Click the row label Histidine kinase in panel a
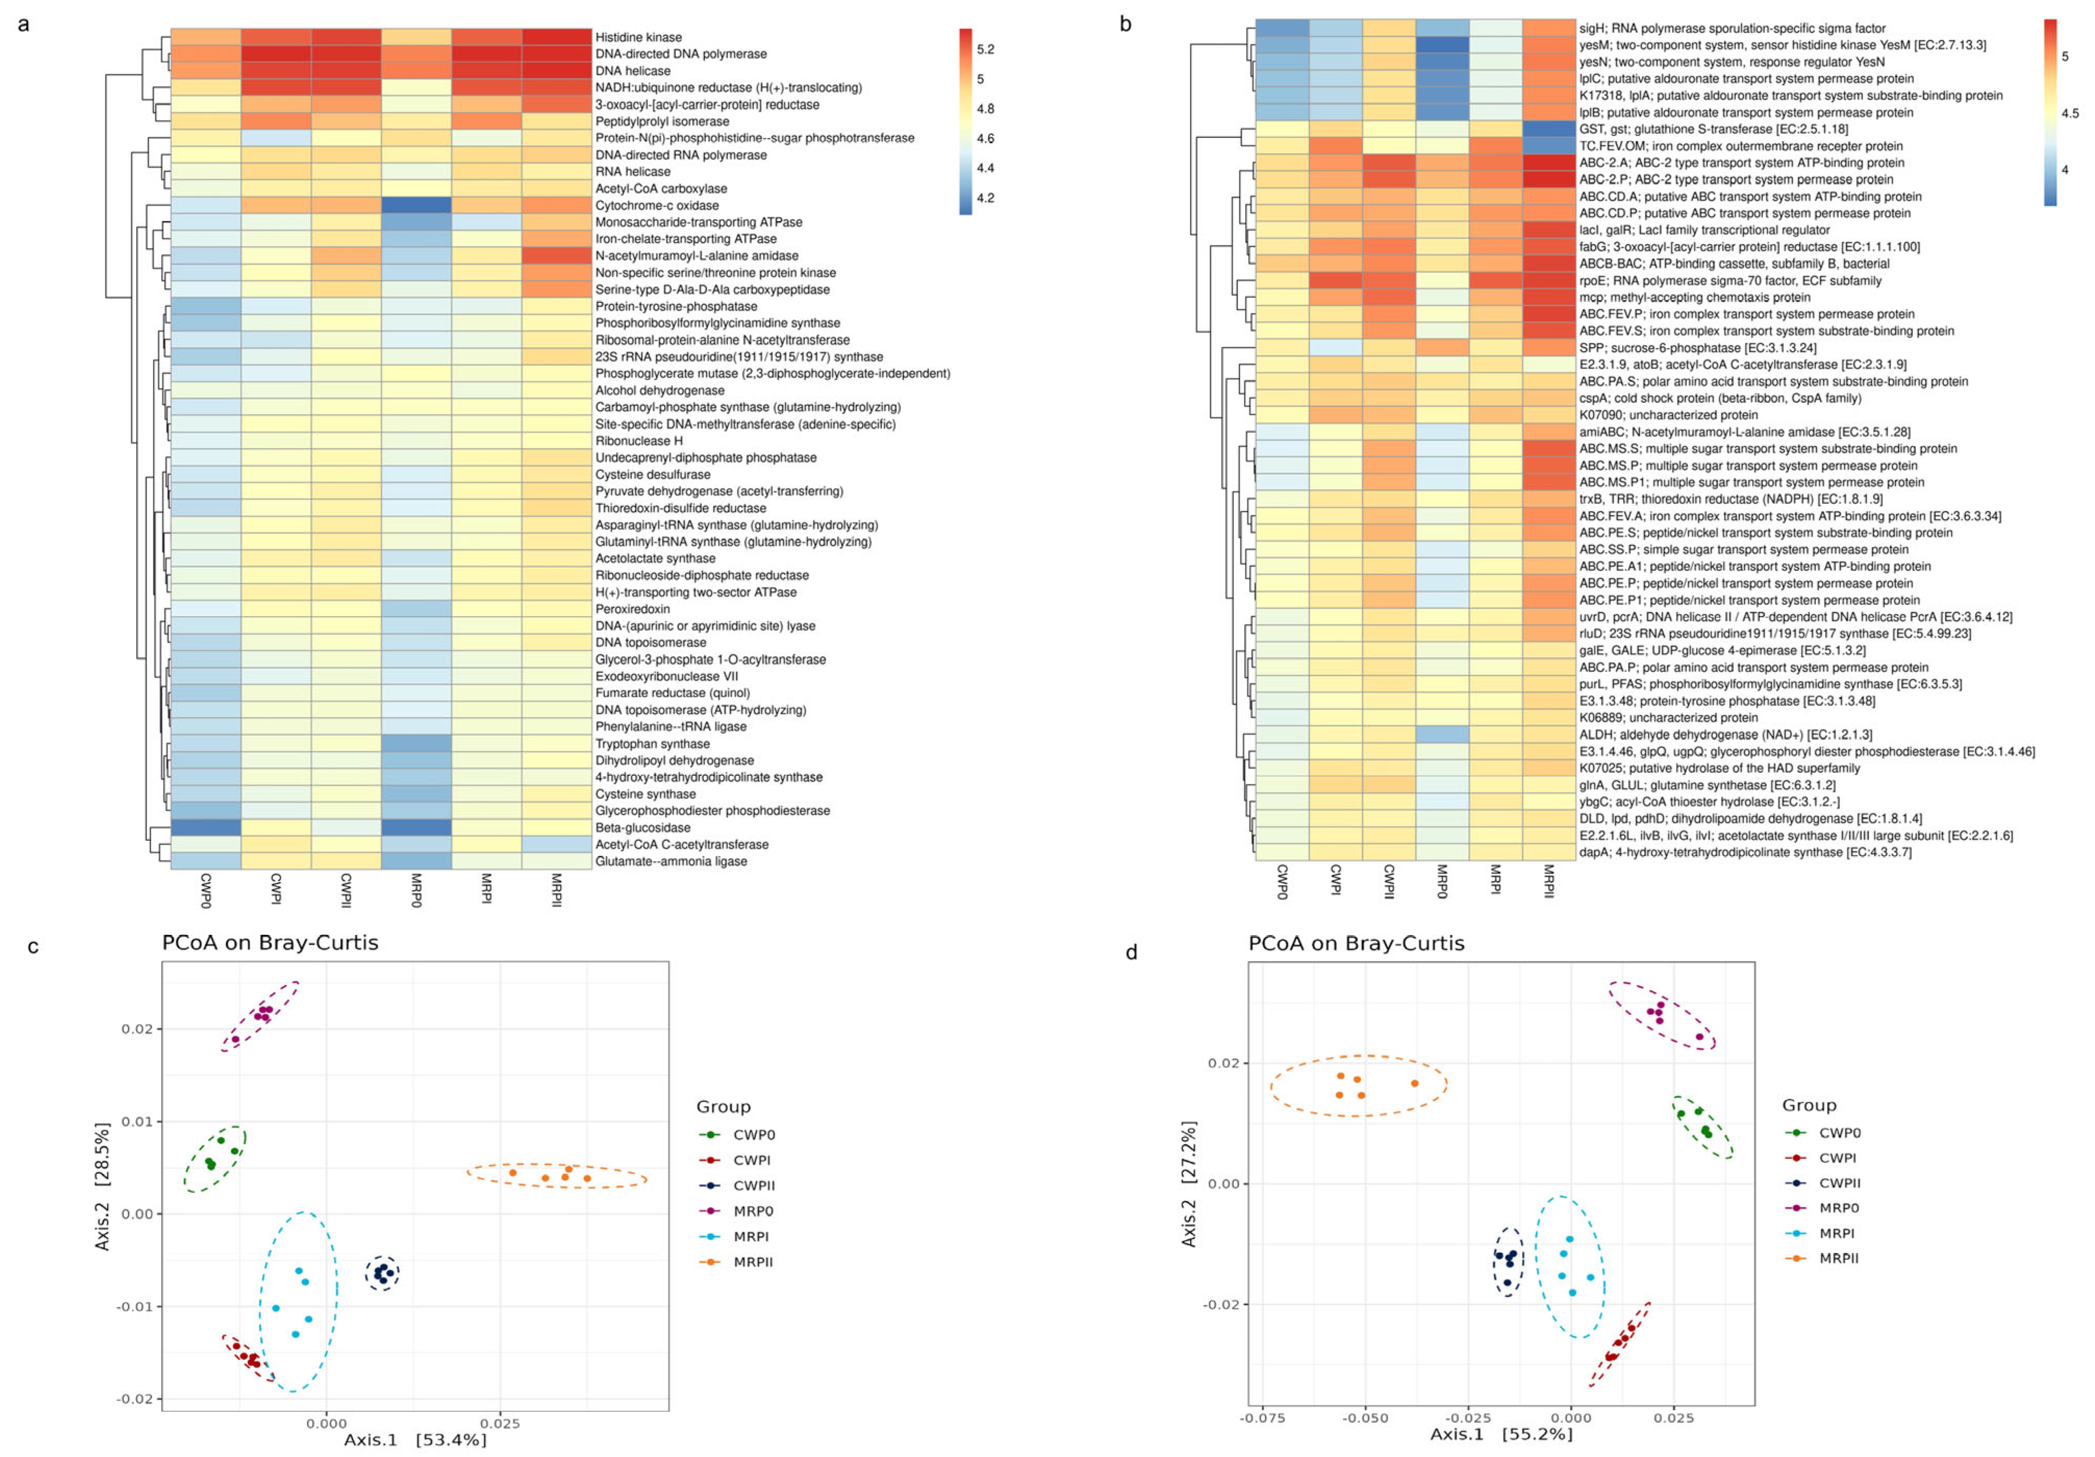coord(638,37)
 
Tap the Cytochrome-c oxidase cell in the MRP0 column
coord(416,205)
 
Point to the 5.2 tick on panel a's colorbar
coord(986,49)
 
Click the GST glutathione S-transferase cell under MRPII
coord(1549,130)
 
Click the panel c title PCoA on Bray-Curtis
coord(270,942)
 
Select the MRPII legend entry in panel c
coord(753,1262)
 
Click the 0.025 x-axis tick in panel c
coord(500,1423)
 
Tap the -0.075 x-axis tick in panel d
coord(1262,1418)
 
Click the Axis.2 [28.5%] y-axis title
coord(102,1186)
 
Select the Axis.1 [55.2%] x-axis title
coord(1501,1434)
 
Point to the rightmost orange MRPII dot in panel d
coord(1414,1084)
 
